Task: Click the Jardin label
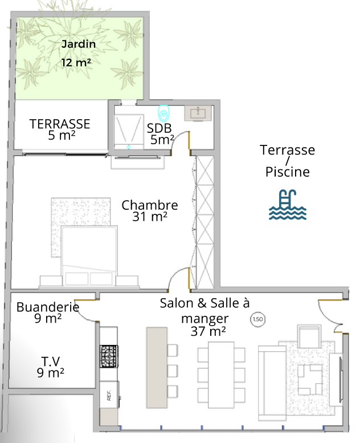pos(79,44)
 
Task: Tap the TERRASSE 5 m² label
pos(60,129)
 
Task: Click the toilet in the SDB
pos(163,113)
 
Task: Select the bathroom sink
pos(198,113)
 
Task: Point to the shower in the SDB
pos(129,131)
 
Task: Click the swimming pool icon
pos(288,205)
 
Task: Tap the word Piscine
pos(288,172)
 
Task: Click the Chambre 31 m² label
pos(150,211)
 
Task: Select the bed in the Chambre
pos(89,256)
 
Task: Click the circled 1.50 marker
pos(257,319)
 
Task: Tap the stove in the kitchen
pos(109,356)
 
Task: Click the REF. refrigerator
pos(109,395)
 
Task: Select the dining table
pos(221,375)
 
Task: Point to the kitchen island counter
pos(157,368)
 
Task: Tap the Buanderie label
pos(48,307)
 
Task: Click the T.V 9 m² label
pos(51,367)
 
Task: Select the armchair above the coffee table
pos(309,336)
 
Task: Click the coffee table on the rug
pos(310,380)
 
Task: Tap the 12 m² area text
pos(76,63)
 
